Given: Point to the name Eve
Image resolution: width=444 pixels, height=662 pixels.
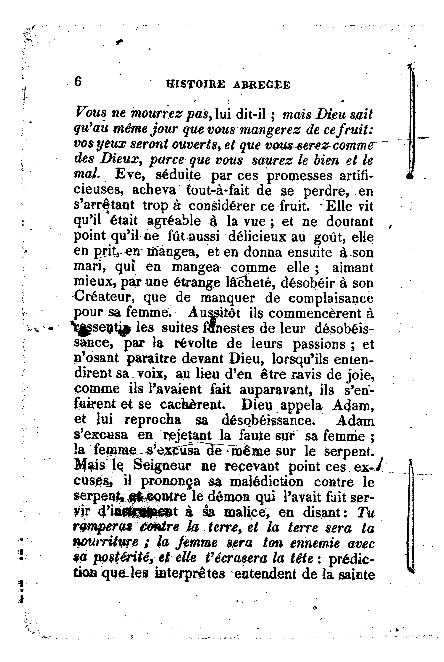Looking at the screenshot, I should [x=129, y=176].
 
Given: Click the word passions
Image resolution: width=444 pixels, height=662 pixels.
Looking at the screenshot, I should [x=319, y=344].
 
